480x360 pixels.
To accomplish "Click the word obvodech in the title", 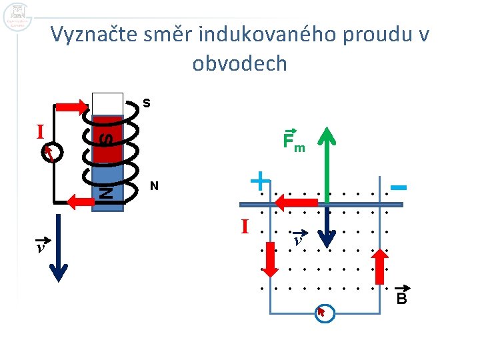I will click(x=239, y=63).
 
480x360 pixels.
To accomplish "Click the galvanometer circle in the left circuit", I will click(x=52, y=152).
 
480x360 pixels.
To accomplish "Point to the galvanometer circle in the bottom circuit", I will click(x=325, y=313).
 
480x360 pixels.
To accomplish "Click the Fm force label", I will click(x=293, y=141).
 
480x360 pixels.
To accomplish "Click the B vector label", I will click(x=401, y=297).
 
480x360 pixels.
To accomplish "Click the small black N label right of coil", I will click(x=154, y=187).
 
